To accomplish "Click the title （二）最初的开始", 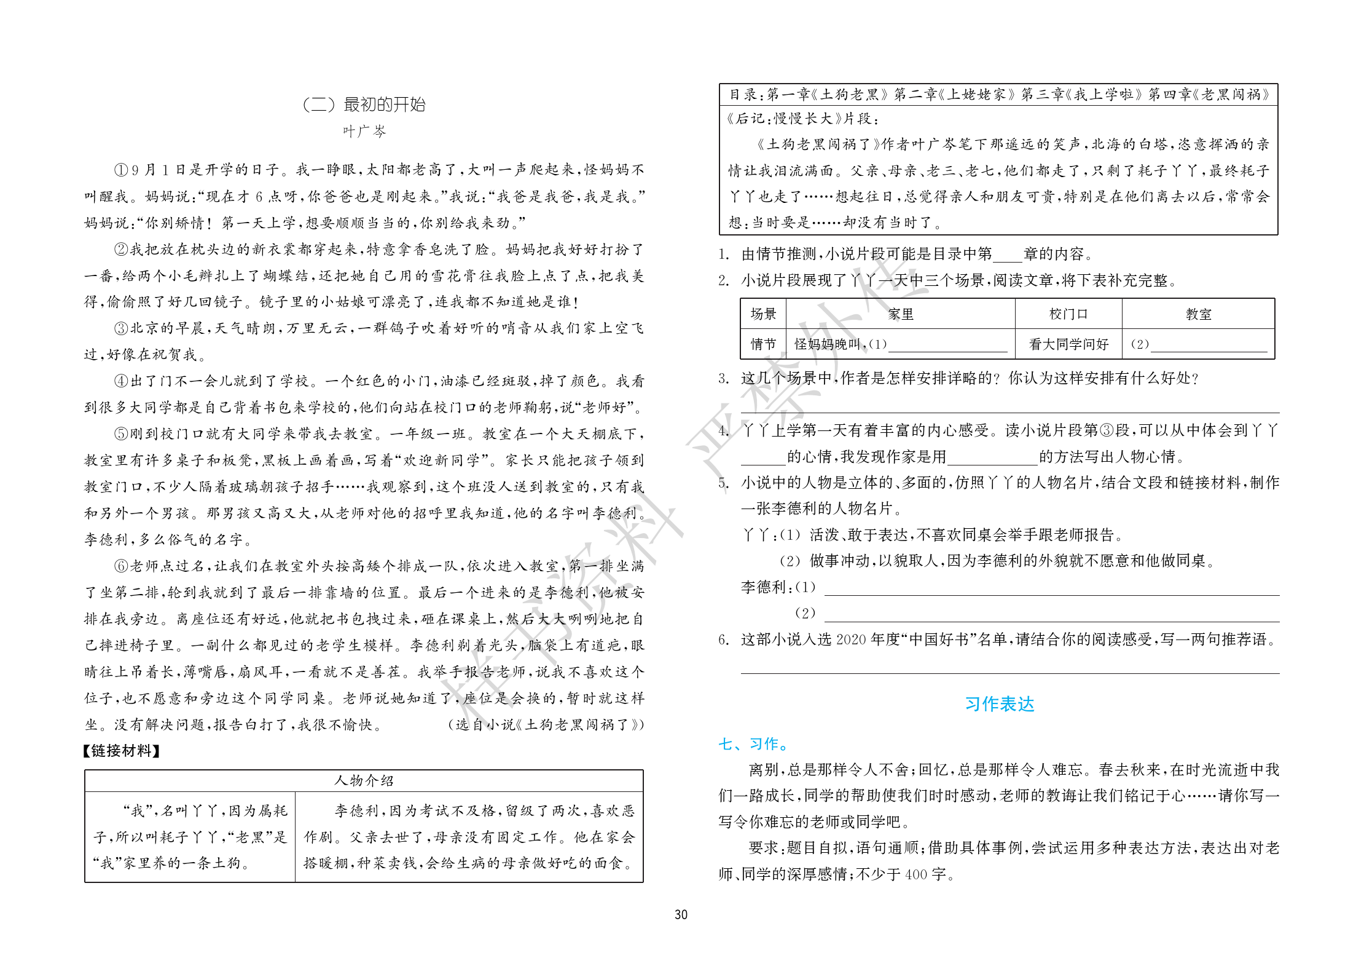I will point(364,105).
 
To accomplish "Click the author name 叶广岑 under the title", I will point(364,131).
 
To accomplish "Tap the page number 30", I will point(681,914).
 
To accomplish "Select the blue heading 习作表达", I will point(999,704).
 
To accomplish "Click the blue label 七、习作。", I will point(755,744).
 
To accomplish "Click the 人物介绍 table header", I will point(364,780).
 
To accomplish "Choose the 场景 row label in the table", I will point(763,314).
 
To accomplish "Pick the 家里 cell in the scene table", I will point(901,314).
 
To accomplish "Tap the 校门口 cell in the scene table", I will point(1068,314).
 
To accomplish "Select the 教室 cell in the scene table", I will point(1198,314).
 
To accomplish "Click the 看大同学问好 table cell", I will point(1068,344).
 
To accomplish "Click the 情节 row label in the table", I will point(763,344).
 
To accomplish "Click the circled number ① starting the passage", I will point(120,170).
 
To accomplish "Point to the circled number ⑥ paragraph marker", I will point(120,566).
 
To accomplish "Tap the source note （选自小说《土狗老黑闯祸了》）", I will point(546,725).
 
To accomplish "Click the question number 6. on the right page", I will point(725,640).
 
